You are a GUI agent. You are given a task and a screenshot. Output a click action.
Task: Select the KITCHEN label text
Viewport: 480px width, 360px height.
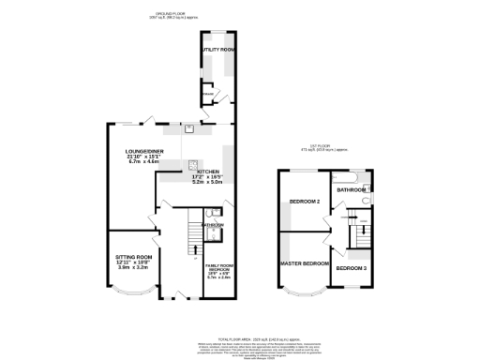(x=207, y=171)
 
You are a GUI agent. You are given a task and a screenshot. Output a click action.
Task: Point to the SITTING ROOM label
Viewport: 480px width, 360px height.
(x=133, y=256)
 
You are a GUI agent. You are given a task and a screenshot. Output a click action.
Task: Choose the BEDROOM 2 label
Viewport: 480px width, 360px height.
(x=305, y=202)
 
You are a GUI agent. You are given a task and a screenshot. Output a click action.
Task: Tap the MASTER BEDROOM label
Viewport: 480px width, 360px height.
(x=304, y=262)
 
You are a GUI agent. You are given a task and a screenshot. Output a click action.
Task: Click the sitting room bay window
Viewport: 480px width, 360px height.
(x=132, y=292)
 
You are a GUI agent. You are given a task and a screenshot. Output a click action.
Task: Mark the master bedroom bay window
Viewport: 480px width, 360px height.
(x=305, y=292)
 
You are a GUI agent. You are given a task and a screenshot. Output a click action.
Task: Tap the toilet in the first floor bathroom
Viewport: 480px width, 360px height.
(x=368, y=200)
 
